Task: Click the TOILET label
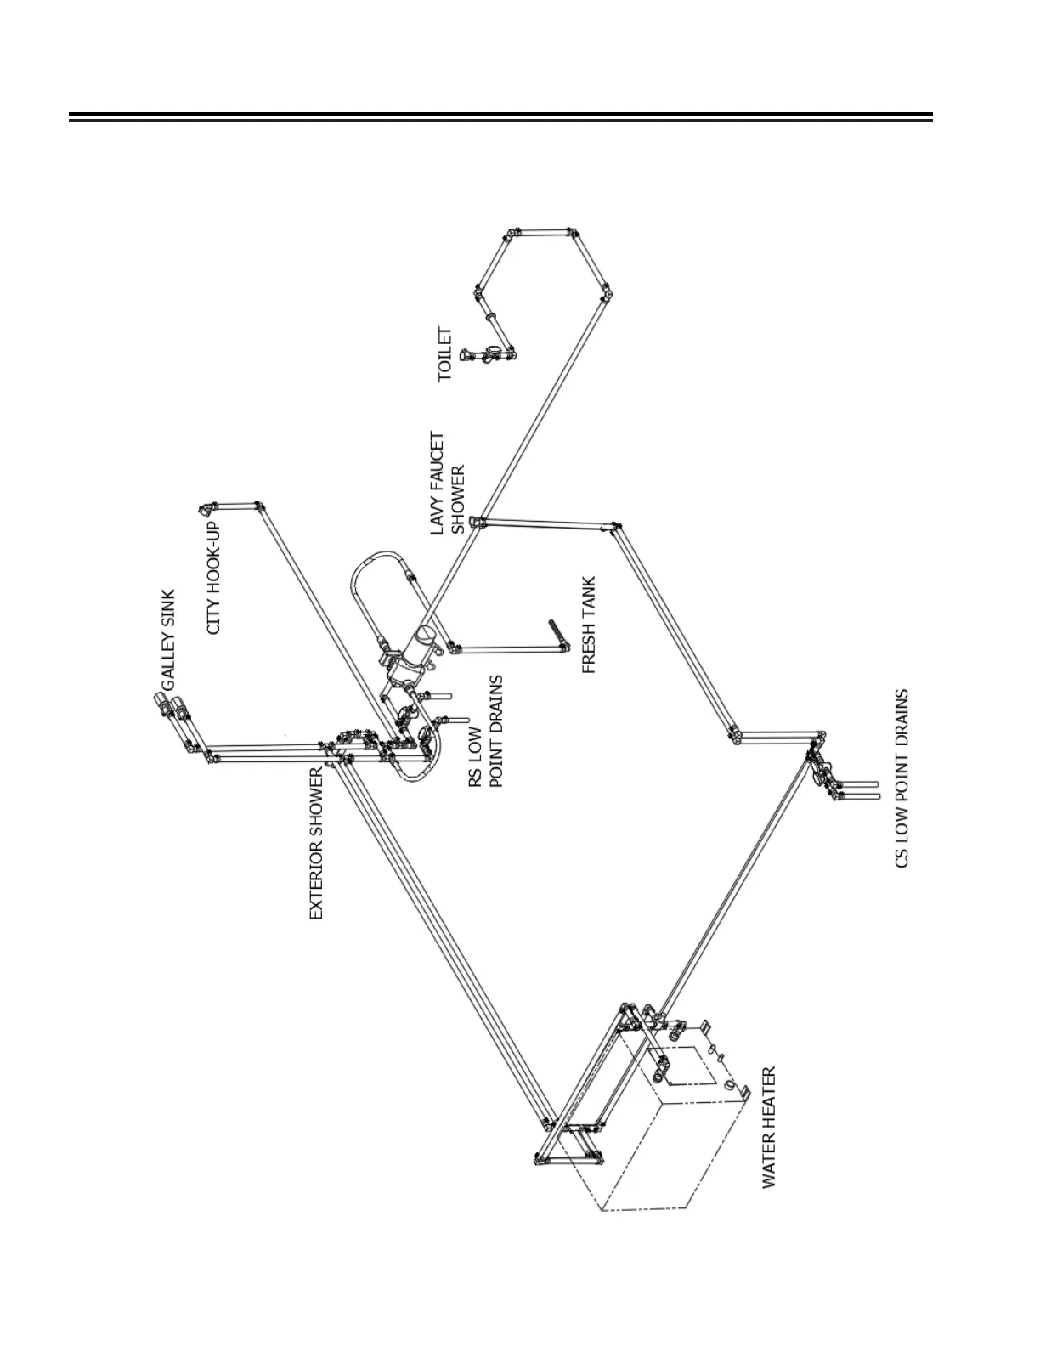pyautogui.click(x=445, y=354)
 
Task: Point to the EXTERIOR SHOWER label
pyautogui.click(x=316, y=843)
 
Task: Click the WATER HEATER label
pyautogui.click(x=769, y=1128)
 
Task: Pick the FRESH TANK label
pyautogui.click(x=589, y=625)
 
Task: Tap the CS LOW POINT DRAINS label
pyautogui.click(x=902, y=778)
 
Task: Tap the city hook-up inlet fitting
pyautogui.click(x=207, y=509)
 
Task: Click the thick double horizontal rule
pyautogui.click(x=500, y=117)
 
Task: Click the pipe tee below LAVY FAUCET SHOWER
pyautogui.click(x=478, y=521)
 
